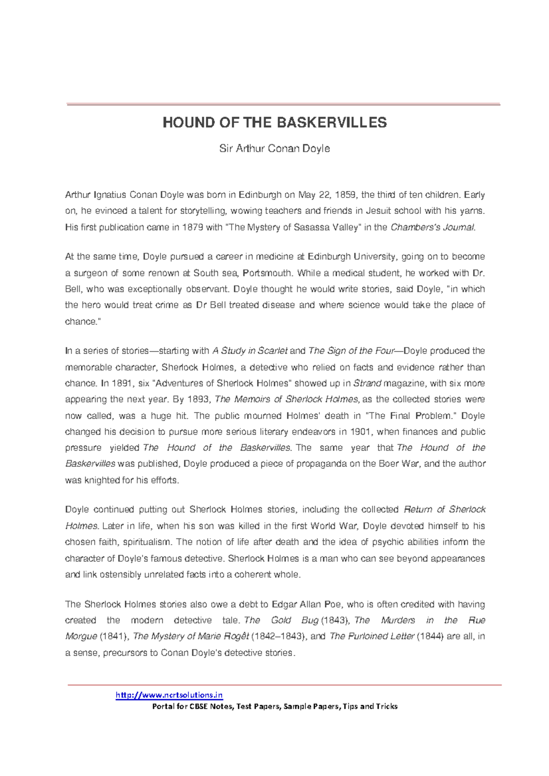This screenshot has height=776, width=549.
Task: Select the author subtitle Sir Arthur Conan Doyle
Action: (x=274, y=149)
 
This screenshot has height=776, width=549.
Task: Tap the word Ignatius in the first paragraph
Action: (x=110, y=195)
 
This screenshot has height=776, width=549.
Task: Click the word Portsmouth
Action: (x=268, y=273)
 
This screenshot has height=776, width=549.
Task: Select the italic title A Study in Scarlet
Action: (x=250, y=351)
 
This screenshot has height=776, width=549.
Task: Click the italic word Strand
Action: (x=368, y=383)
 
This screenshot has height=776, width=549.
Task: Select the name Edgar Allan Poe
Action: (x=307, y=604)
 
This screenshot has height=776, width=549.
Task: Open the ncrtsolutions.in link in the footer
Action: (x=169, y=695)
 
